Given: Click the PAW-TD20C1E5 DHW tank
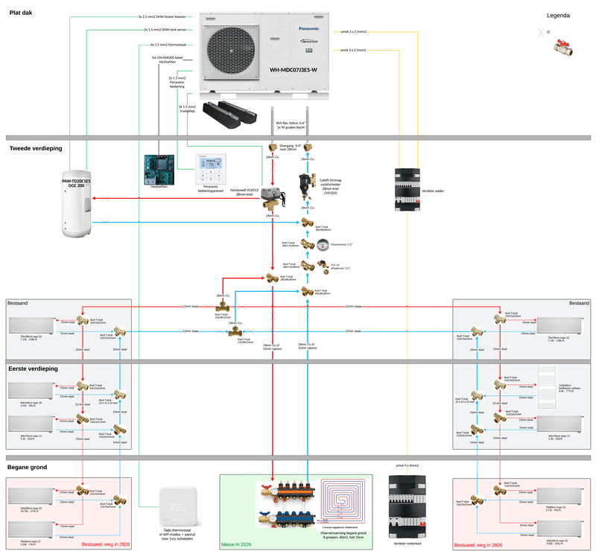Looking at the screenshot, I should coord(77,205).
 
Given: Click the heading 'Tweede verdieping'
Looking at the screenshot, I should coord(36,148).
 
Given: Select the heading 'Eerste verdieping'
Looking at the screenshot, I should coord(34,368).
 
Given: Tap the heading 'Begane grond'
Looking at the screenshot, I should coord(28,467).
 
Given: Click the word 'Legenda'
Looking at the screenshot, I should coord(559,16).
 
